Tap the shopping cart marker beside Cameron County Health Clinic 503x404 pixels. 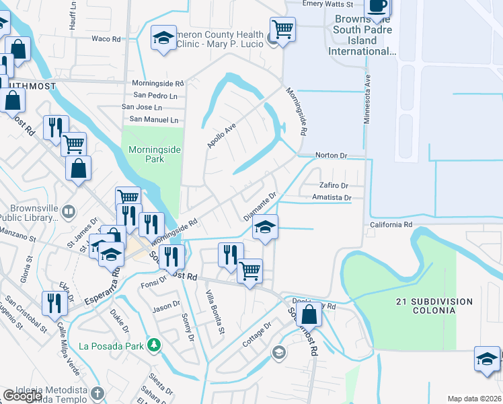[282, 30]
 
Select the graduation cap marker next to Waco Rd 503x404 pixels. [163, 38]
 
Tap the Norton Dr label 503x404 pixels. [331, 156]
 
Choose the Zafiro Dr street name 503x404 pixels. [334, 185]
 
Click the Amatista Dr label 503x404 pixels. [332, 197]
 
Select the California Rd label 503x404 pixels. [391, 224]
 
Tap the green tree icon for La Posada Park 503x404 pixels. [155, 345]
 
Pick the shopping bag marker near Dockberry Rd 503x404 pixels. [309, 314]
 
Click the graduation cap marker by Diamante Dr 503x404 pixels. [266, 227]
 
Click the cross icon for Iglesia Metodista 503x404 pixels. [98, 393]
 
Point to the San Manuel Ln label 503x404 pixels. [155, 119]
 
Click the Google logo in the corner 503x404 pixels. [22, 396]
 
